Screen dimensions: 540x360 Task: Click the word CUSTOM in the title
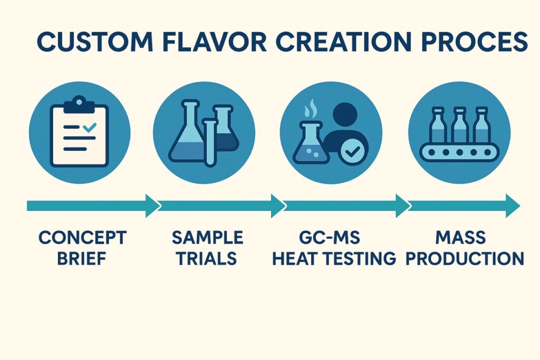pyautogui.click(x=95, y=42)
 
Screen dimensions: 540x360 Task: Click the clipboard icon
pyautogui.click(x=79, y=132)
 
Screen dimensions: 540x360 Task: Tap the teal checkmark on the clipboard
pyautogui.click(x=90, y=128)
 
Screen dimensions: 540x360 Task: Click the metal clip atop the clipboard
pyautogui.click(x=79, y=104)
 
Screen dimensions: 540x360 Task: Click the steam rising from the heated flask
pyautogui.click(x=310, y=109)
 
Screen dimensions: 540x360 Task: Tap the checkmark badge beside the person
pyautogui.click(x=353, y=151)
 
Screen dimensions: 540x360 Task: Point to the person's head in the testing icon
pyautogui.click(x=345, y=115)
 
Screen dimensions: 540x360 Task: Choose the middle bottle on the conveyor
pyautogui.click(x=459, y=124)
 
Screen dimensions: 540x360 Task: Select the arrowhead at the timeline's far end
pyautogui.click(x=513, y=206)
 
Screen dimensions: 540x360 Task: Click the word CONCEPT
pyautogui.click(x=82, y=238)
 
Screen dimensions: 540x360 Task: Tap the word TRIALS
pyautogui.click(x=207, y=258)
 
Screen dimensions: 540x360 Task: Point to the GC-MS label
pyautogui.click(x=330, y=238)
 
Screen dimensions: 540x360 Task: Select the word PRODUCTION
pyautogui.click(x=465, y=258)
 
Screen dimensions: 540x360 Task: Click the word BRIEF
pyautogui.click(x=82, y=258)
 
